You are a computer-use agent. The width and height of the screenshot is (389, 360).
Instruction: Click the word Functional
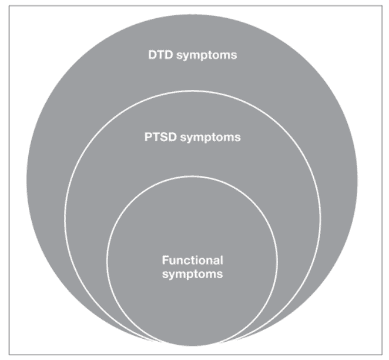click(x=193, y=259)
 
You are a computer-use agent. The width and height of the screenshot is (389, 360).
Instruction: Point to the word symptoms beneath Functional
click(x=193, y=273)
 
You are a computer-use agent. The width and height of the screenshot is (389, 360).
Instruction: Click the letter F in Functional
click(x=164, y=259)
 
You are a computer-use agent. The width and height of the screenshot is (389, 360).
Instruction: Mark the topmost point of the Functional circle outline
click(x=193, y=175)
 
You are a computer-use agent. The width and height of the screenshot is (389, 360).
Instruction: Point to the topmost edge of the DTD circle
click(x=193, y=12)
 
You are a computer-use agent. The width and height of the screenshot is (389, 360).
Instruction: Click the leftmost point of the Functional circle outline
click(x=106, y=261)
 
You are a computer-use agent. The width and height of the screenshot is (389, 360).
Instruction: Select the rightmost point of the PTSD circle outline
click(x=321, y=218)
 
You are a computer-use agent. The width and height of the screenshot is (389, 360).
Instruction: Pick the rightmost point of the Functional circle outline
click(x=279, y=261)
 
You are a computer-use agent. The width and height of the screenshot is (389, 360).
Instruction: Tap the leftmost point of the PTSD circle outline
click(x=64, y=218)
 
